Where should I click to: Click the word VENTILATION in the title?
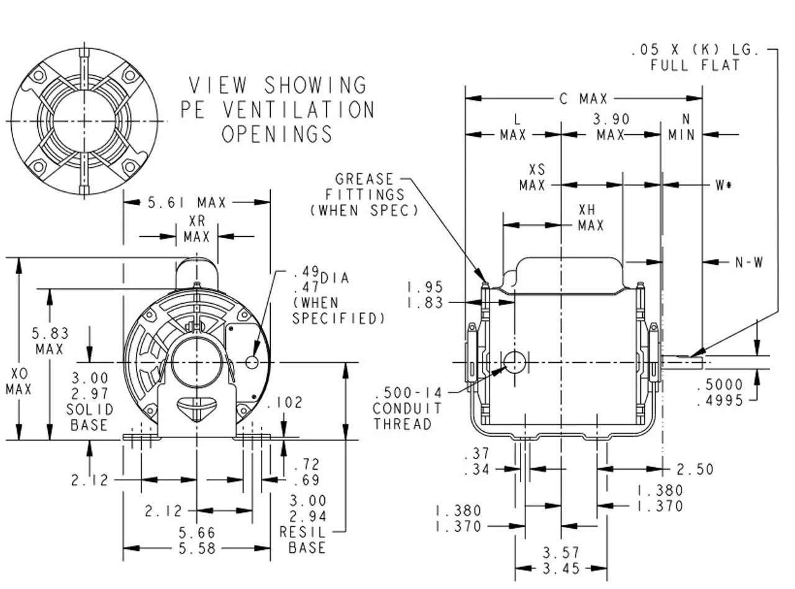pyautogui.click(x=298, y=109)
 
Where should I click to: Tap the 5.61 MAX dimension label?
pyautogui.click(x=178, y=202)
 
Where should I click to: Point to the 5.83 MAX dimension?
pyautogui.click(x=51, y=341)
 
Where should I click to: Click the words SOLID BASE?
pyautogui.click(x=90, y=417)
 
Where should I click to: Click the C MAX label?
pyautogui.click(x=584, y=99)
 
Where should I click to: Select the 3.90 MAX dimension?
pyautogui.click(x=611, y=127)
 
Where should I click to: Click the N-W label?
pyautogui.click(x=748, y=263)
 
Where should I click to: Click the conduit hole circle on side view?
pyautogui.click(x=514, y=361)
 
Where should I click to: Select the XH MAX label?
pyautogui.click(x=591, y=217)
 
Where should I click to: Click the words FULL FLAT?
pyautogui.click(x=695, y=65)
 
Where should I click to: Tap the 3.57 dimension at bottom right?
pyautogui.click(x=561, y=552)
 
